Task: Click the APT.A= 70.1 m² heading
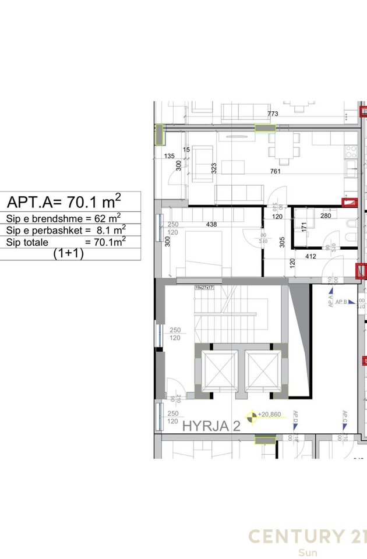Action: (x=64, y=202)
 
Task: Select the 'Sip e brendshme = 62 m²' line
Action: (x=63, y=218)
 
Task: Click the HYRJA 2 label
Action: (x=211, y=426)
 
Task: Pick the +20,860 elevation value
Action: (x=274, y=415)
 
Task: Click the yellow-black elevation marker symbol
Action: (x=252, y=416)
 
